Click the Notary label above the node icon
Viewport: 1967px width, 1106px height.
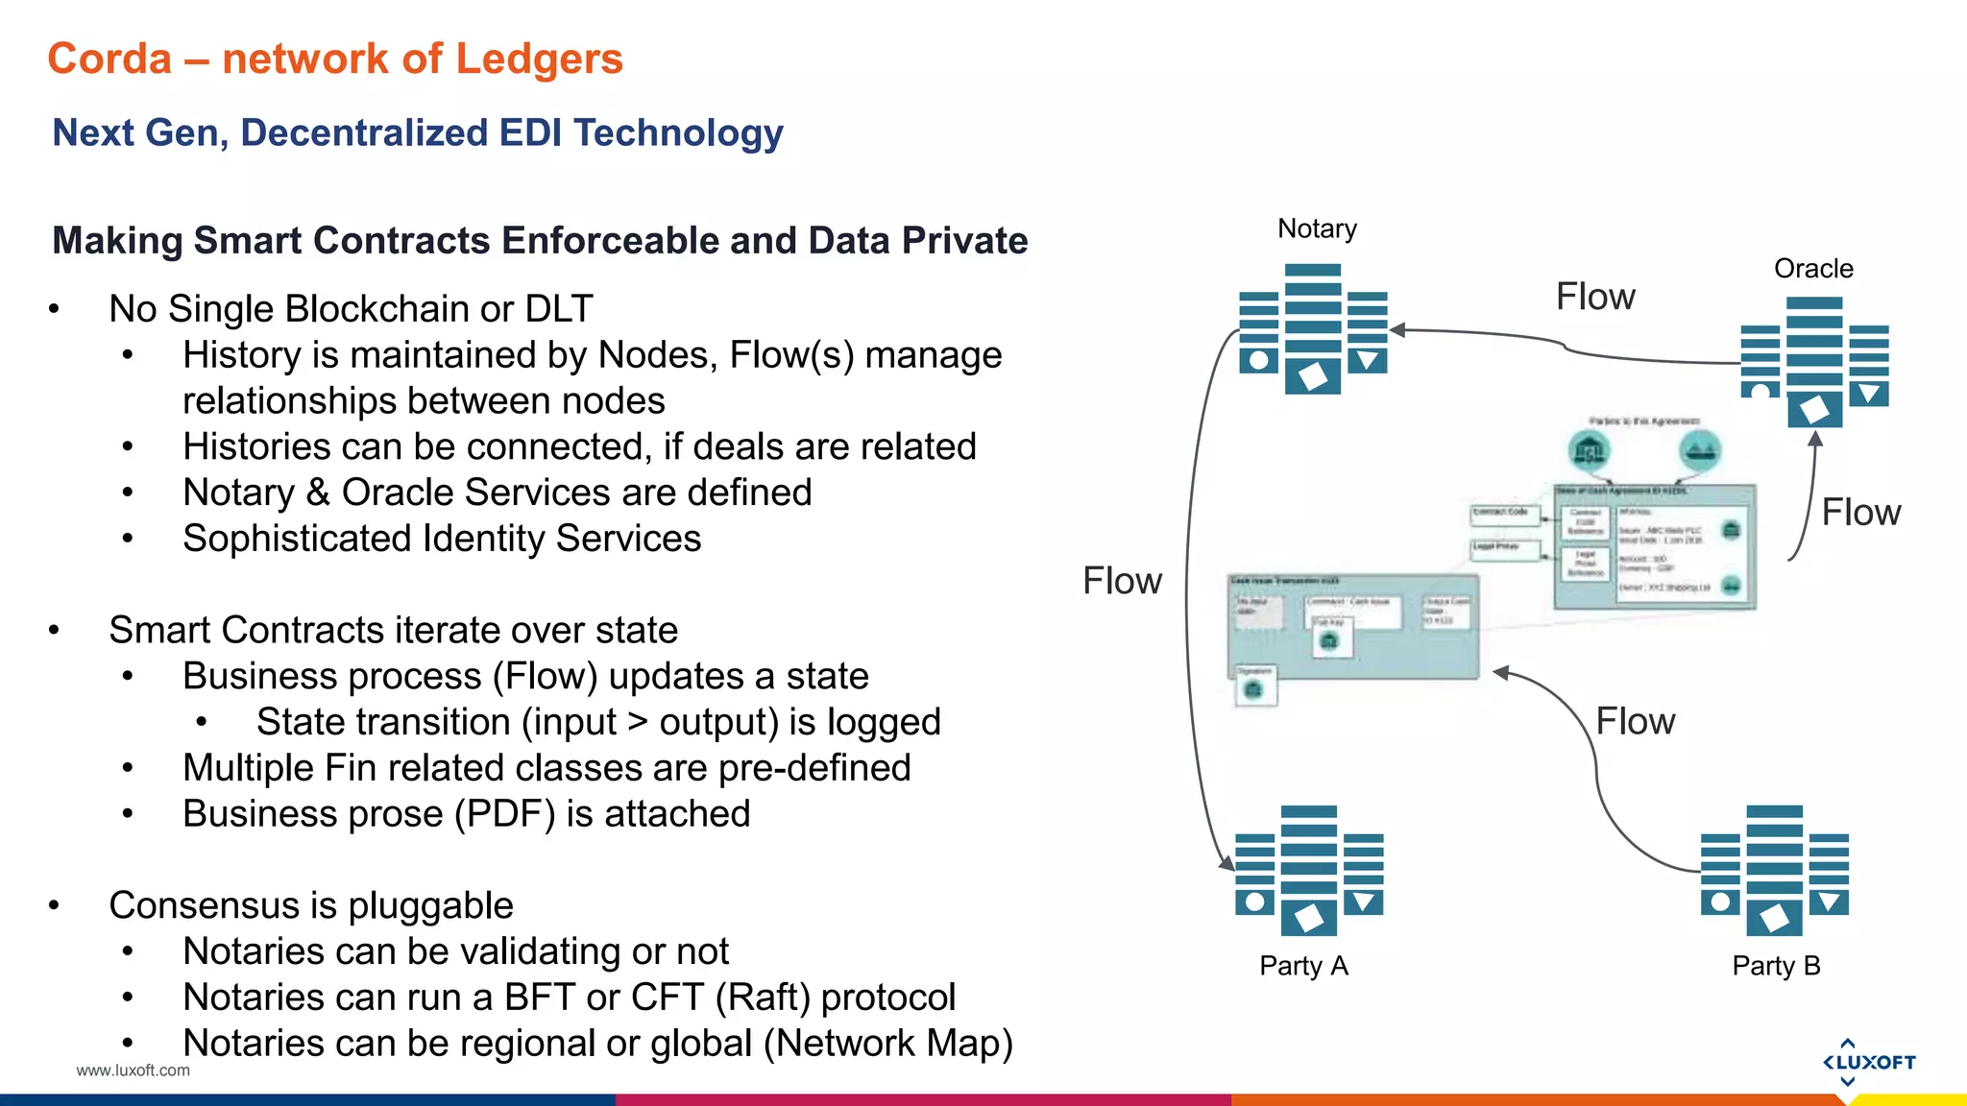click(x=1317, y=228)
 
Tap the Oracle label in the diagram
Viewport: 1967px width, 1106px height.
click(x=1813, y=269)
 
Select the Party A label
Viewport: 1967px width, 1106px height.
click(x=1303, y=966)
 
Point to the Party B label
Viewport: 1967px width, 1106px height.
click(x=1776, y=966)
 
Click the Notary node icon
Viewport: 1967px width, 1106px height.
click(x=1313, y=328)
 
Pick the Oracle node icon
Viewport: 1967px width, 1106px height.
click(x=1814, y=361)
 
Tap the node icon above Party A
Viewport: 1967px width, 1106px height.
click(x=1309, y=871)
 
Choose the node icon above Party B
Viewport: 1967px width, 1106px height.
click(x=1774, y=871)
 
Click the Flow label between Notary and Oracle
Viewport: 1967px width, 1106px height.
click(x=1595, y=297)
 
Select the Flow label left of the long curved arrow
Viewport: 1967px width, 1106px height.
click(x=1122, y=581)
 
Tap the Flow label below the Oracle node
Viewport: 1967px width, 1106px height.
click(x=1860, y=513)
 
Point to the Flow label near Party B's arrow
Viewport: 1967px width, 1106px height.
click(x=1635, y=721)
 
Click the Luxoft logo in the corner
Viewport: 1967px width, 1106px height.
click(x=1868, y=1062)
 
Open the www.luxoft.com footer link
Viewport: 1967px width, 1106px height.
click(x=134, y=1070)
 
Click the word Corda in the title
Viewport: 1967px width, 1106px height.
click(x=109, y=59)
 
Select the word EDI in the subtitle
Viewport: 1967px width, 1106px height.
click(x=529, y=132)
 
